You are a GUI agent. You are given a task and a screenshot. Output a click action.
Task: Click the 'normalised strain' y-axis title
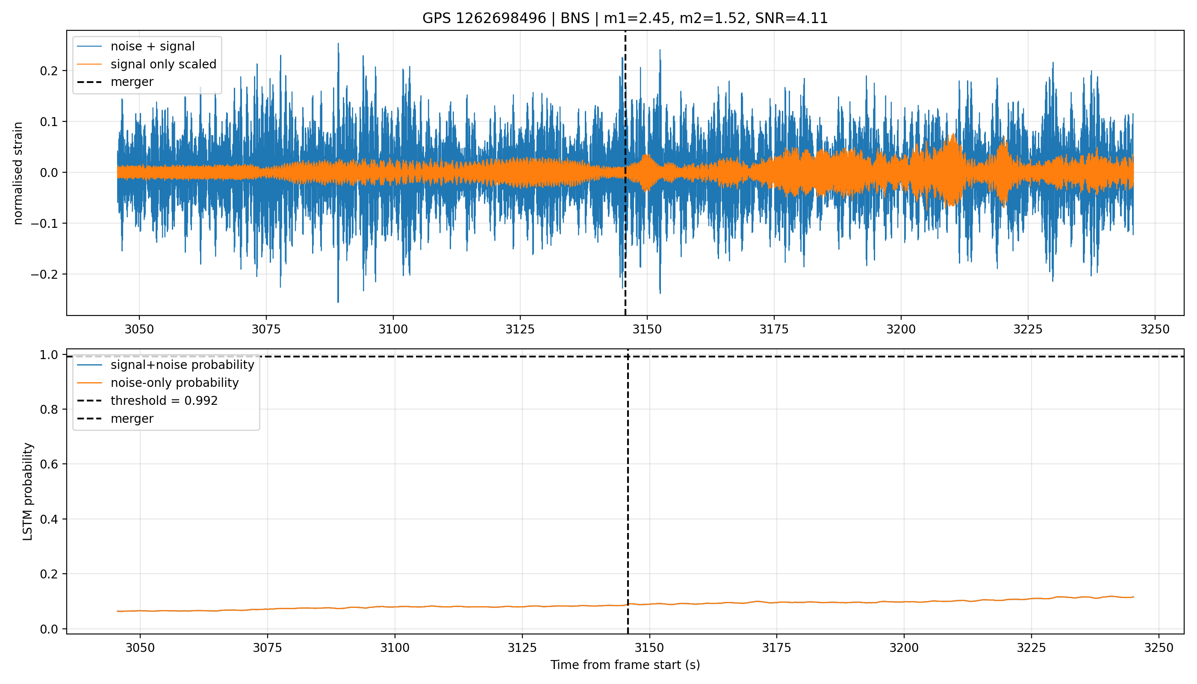tap(18, 173)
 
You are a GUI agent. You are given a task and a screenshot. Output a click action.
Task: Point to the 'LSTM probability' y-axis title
tap(28, 491)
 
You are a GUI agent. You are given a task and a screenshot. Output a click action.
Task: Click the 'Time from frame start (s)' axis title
tap(625, 665)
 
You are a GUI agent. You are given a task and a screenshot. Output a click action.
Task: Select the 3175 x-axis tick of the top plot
tap(774, 329)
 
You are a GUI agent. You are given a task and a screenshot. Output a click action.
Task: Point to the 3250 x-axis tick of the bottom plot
tap(1159, 648)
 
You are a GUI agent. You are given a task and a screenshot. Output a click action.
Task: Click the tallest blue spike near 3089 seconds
tap(338, 44)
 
